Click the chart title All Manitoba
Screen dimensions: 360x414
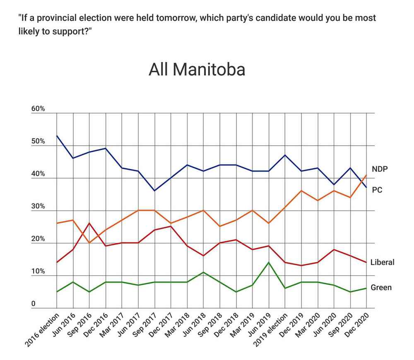click(x=197, y=70)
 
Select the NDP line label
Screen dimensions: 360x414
click(x=379, y=169)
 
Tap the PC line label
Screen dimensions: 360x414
click(x=377, y=190)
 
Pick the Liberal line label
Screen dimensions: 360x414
click(x=382, y=262)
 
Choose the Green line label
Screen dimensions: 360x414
click(x=381, y=287)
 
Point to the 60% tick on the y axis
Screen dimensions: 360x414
click(x=38, y=109)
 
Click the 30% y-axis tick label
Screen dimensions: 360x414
click(x=38, y=207)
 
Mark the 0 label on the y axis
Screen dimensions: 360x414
click(x=34, y=304)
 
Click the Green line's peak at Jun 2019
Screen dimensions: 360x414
click(x=269, y=262)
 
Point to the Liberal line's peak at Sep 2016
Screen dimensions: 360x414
click(x=89, y=223)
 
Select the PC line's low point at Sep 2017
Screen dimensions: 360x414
click(x=154, y=191)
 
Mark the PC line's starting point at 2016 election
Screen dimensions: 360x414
click(x=57, y=135)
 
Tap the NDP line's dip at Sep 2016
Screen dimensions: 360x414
click(x=89, y=243)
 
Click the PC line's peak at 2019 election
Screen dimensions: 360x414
click(x=285, y=155)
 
